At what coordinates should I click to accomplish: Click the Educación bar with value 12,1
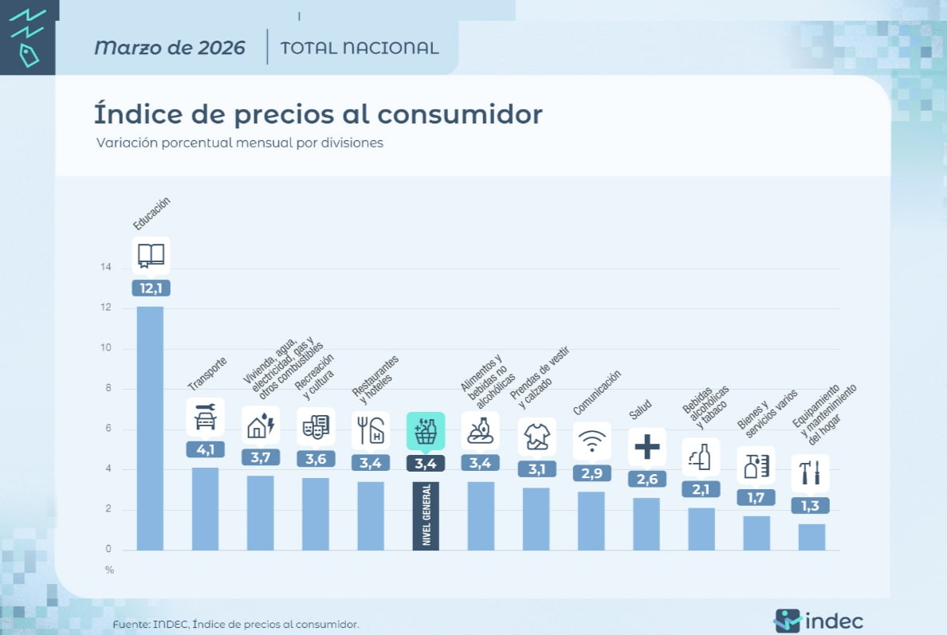tap(150, 428)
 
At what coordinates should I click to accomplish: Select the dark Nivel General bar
tap(426, 515)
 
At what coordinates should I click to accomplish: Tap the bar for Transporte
tap(205, 508)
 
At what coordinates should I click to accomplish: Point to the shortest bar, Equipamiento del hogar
tap(811, 536)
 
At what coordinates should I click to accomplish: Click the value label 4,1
tap(205, 449)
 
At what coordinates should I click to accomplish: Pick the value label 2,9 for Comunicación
tap(591, 473)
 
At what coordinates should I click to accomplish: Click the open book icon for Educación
tap(151, 256)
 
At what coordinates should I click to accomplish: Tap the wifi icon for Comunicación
tap(591, 441)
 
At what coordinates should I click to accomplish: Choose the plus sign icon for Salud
tap(646, 447)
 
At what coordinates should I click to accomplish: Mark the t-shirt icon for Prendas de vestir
tap(536, 436)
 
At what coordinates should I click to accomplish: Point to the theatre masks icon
tap(316, 427)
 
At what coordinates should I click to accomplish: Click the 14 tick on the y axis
tap(106, 268)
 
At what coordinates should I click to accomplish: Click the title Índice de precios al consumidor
tap(318, 114)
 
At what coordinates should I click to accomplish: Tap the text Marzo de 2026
tap(169, 48)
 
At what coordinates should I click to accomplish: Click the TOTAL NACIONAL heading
tap(359, 48)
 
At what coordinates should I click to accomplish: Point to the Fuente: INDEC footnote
tap(236, 624)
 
